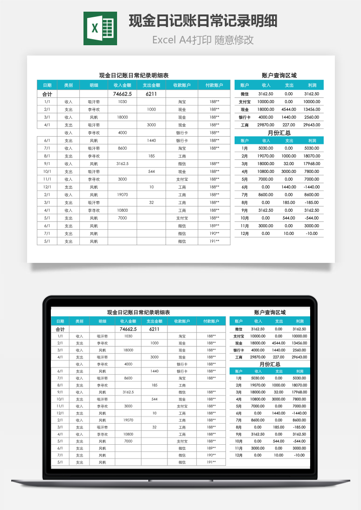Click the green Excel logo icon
100,29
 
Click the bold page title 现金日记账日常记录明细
203,21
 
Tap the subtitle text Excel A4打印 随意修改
203,40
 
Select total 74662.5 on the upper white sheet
122,94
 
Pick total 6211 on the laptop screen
154,329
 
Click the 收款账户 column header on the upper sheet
182,85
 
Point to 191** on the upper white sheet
214,241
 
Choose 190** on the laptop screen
211,455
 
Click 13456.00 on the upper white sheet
312,109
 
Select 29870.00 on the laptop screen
258,357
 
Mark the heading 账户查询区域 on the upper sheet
279,75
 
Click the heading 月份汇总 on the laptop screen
270,364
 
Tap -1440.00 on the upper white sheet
312,187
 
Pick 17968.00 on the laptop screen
299,392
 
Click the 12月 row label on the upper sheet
245,234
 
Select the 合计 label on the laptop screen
60,329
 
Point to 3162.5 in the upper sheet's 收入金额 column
122,164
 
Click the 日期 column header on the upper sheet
47,85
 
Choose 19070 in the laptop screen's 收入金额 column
128,420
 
